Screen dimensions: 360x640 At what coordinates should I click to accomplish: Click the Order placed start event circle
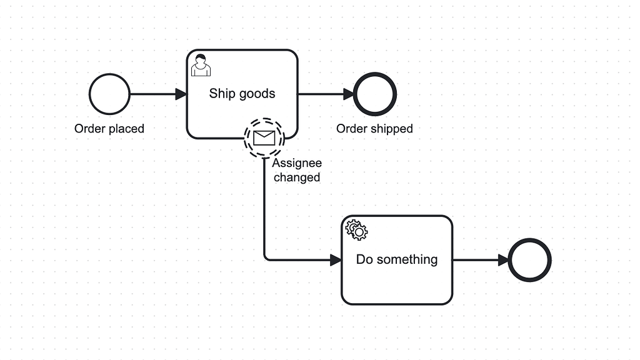tap(109, 94)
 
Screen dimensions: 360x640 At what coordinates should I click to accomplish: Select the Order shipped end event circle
tap(375, 94)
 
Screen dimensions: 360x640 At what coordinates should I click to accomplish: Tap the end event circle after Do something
tap(530, 260)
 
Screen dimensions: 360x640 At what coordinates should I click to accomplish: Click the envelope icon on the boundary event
tap(264, 137)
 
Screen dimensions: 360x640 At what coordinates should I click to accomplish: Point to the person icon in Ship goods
tap(201, 65)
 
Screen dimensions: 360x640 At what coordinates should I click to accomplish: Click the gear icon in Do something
tap(357, 230)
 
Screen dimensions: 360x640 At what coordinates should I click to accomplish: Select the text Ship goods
tap(242, 94)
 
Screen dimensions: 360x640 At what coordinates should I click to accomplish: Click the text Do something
tap(397, 259)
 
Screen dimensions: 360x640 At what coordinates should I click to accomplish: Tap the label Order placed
tap(109, 129)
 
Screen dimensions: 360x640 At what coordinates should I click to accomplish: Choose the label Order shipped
tap(374, 129)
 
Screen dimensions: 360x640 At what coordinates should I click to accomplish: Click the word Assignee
tap(297, 164)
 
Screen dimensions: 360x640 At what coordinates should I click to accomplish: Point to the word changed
tap(297, 177)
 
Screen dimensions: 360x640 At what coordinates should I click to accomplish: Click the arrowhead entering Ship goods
tap(181, 94)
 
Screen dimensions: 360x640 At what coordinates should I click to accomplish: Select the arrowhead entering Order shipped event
tap(348, 94)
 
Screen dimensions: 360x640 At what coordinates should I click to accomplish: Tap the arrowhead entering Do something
tap(336, 260)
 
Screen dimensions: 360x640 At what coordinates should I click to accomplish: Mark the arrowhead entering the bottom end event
tap(503, 260)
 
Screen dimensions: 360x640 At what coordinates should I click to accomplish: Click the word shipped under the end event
tap(392, 129)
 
